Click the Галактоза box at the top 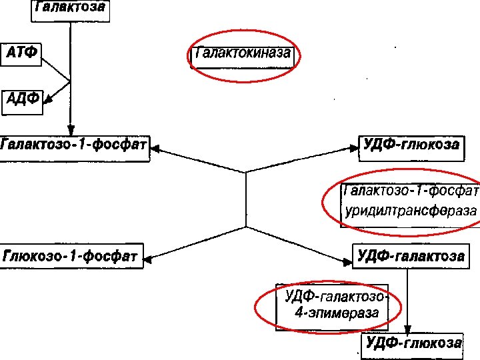point(69,9)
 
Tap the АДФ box point(23,100)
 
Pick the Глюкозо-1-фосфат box point(72,255)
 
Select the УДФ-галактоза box point(409,255)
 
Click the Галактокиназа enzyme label point(242,54)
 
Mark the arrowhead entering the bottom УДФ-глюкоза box point(408,329)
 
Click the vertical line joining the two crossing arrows point(246,200)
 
